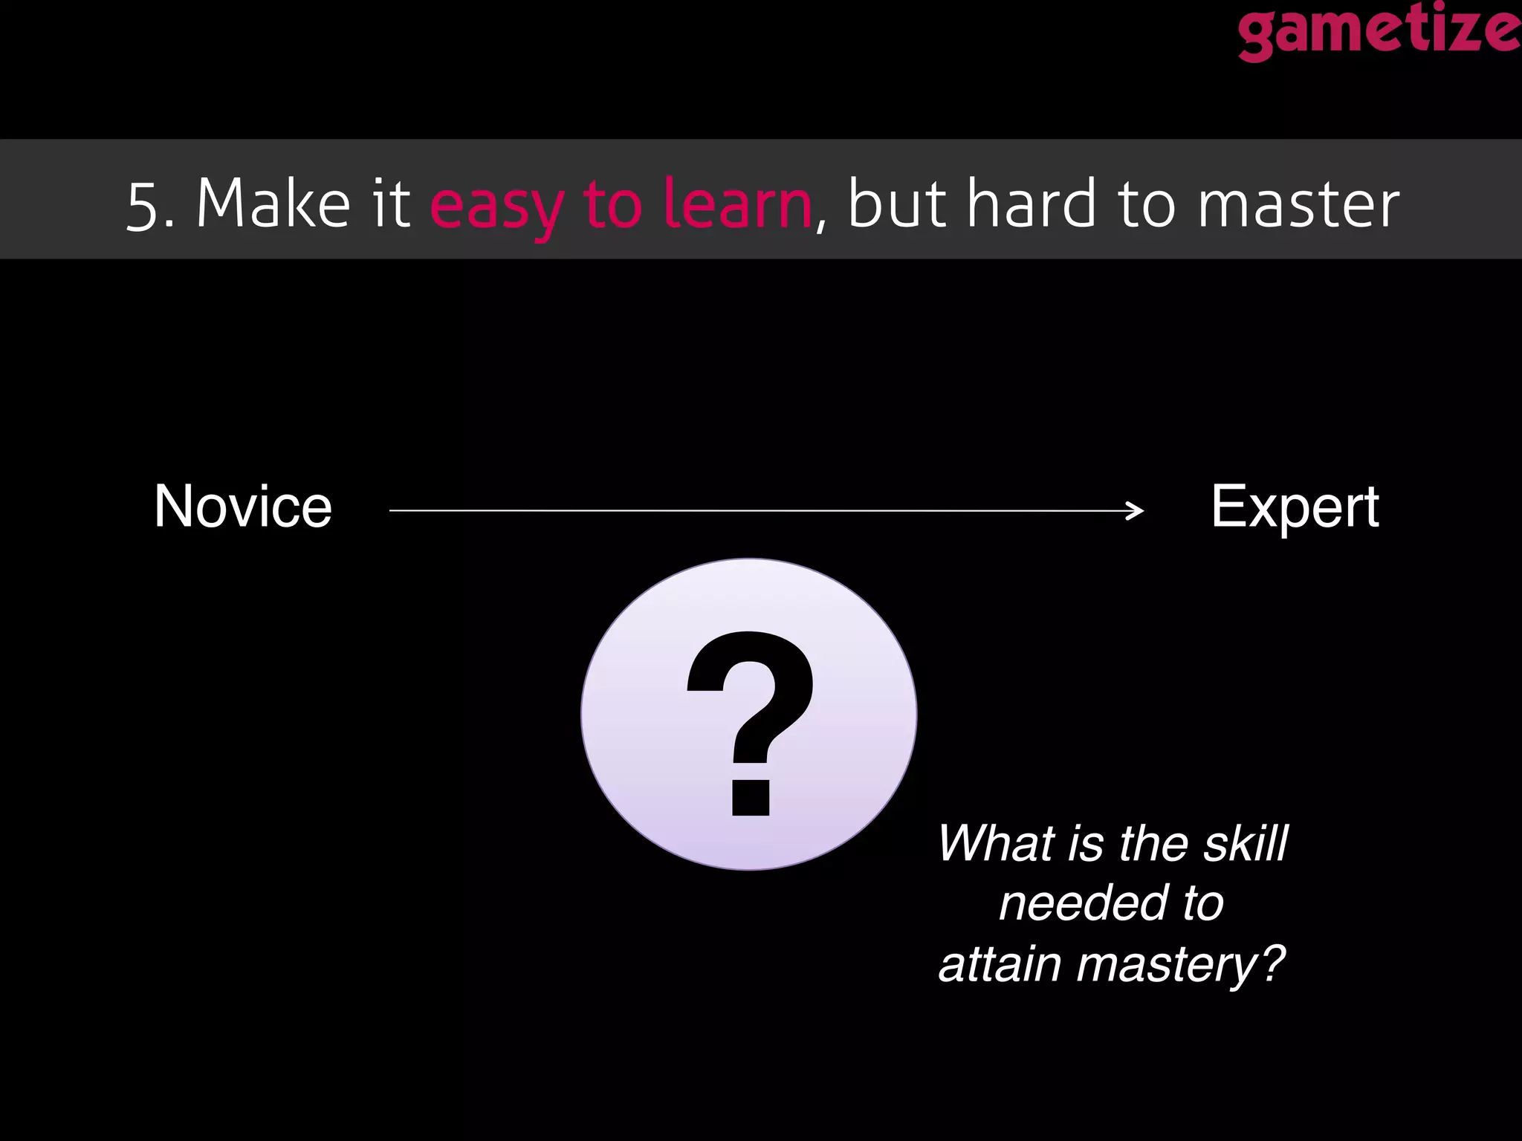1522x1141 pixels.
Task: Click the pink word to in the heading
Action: click(x=612, y=204)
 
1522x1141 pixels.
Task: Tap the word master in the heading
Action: click(x=1298, y=204)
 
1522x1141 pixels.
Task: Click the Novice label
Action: click(x=243, y=507)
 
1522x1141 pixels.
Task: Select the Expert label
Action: click(x=1295, y=508)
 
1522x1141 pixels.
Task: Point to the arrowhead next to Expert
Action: click(x=1136, y=510)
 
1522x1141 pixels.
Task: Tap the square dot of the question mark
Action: click(x=751, y=798)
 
